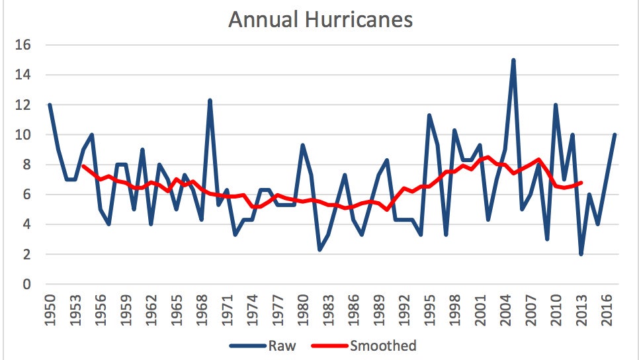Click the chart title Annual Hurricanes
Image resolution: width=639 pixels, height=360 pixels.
(x=320, y=19)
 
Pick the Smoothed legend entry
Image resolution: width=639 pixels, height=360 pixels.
(x=384, y=345)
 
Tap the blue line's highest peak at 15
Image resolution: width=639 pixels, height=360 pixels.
(x=513, y=60)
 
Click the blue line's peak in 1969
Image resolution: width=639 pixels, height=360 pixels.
(x=210, y=101)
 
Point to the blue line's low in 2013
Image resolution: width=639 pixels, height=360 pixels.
(x=581, y=254)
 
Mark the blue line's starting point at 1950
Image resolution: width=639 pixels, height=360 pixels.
(x=50, y=105)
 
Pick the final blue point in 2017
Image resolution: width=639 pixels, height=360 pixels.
(x=615, y=135)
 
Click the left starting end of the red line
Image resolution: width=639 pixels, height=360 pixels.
(x=83, y=165)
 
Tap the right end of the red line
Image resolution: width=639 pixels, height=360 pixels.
(x=581, y=183)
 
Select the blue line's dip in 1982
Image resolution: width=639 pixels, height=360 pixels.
(x=319, y=249)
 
